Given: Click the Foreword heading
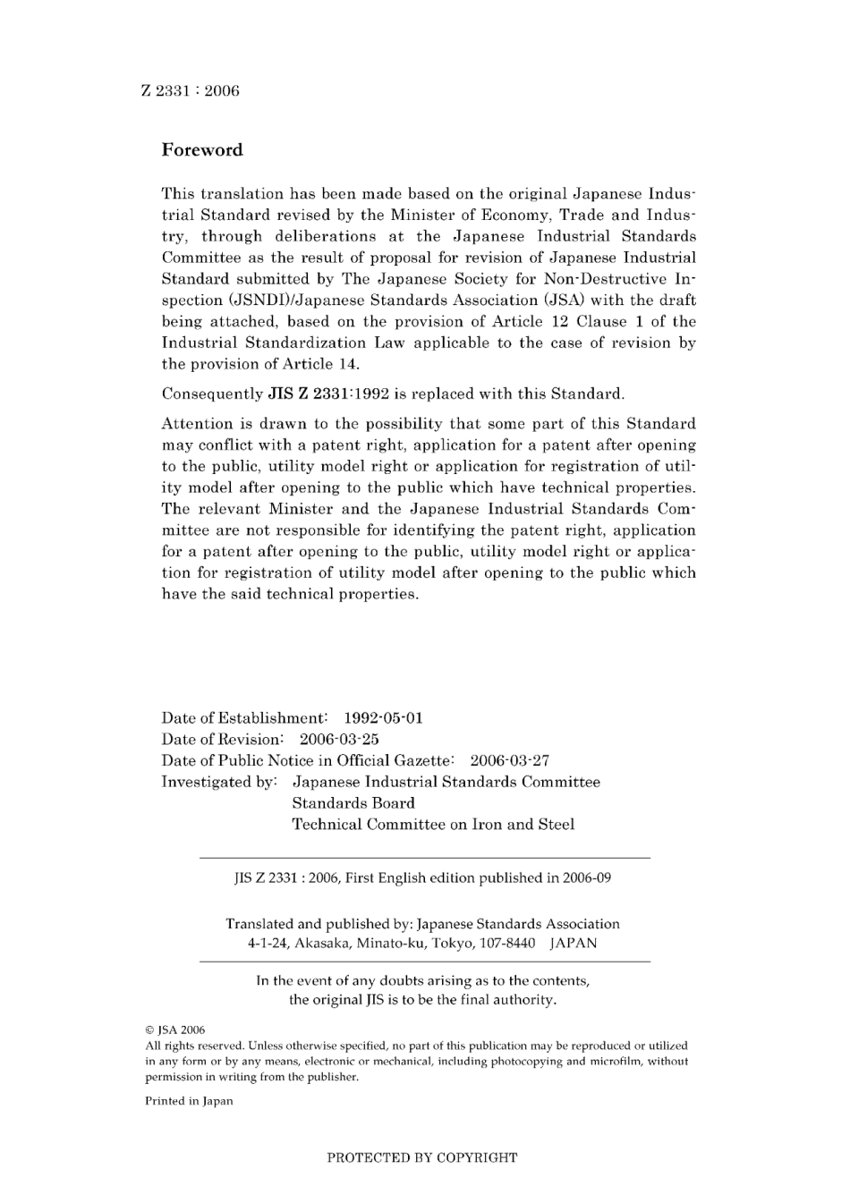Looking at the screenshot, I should pos(201,150).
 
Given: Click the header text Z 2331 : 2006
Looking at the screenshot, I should pos(191,91).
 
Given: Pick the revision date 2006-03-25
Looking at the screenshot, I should pos(338,740).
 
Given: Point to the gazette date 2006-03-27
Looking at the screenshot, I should pos(509,761).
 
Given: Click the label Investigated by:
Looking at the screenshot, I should pos(219,783).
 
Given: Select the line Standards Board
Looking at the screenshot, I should pos(353,803).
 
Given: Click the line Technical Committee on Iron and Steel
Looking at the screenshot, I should pos(433,825).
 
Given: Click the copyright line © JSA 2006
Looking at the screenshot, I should pos(175,1029).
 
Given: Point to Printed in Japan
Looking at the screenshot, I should pos(189,1101).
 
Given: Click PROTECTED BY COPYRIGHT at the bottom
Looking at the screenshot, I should pos(421,1157).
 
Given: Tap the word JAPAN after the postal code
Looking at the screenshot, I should pos(573,943).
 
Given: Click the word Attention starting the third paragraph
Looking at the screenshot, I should pos(197,424).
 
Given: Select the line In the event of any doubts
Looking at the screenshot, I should pos(422,980).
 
